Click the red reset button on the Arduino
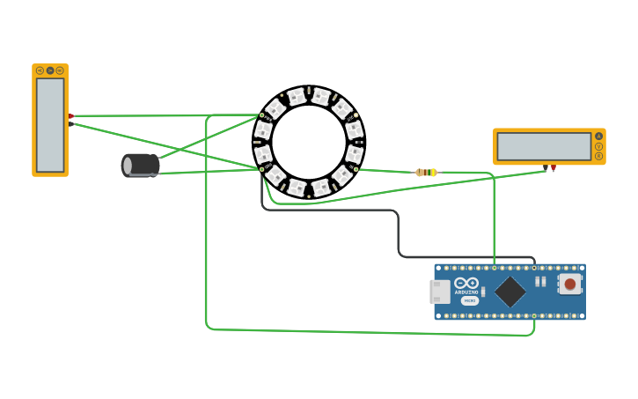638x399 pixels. click(570, 284)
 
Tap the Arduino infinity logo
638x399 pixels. click(466, 283)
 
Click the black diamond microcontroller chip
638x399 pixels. click(510, 292)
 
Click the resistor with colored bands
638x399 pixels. click(426, 173)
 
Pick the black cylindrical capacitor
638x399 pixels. click(141, 165)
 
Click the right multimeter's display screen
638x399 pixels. click(544, 147)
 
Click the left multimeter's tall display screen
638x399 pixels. click(50, 125)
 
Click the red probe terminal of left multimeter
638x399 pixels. click(71, 116)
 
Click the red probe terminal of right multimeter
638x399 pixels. click(554, 167)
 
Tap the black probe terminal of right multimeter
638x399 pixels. click(546, 167)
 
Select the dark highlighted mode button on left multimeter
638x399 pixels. click(50, 70)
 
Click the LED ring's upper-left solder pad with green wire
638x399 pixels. click(261, 115)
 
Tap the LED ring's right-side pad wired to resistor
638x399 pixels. click(356, 169)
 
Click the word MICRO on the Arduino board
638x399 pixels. click(470, 300)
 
